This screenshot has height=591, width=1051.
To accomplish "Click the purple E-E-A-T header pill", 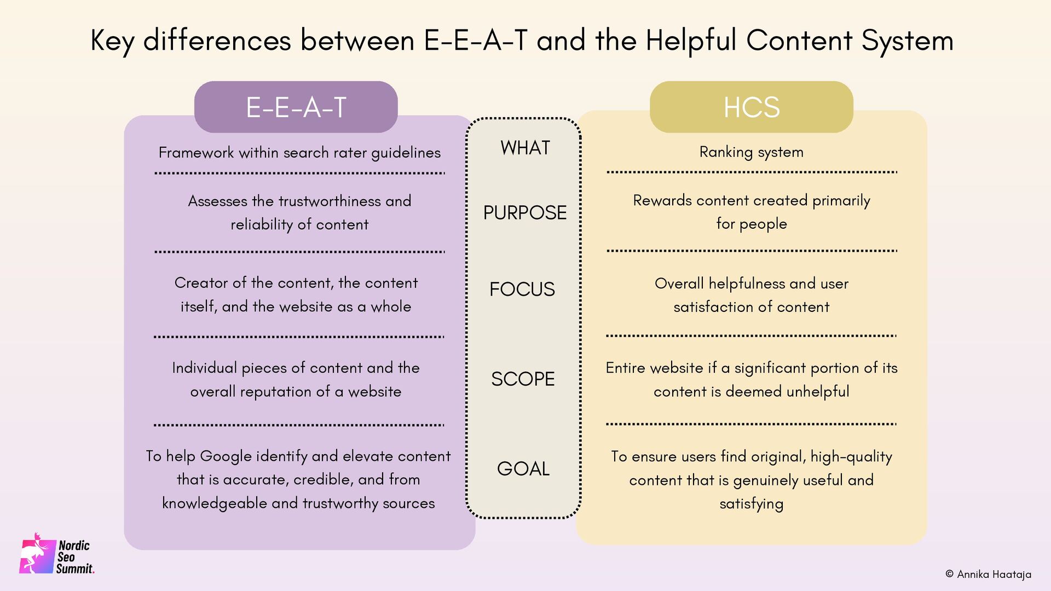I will (296, 107).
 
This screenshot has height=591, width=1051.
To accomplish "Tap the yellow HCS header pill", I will (751, 107).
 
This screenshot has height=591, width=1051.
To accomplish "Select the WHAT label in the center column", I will (525, 148).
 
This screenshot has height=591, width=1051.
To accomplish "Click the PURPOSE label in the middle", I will (524, 212).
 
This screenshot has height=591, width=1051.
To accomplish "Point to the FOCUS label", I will (522, 289).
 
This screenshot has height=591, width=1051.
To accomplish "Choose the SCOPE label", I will (523, 379).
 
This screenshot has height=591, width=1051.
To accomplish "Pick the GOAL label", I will (523, 468).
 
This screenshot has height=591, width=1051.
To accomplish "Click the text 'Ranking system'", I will (751, 152).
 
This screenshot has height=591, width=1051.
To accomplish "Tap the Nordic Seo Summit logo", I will (57, 555).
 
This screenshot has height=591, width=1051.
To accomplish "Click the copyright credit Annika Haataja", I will (988, 574).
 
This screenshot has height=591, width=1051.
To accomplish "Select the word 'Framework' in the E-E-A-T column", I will (196, 152).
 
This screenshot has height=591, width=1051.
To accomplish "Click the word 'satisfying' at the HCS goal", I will (751, 503).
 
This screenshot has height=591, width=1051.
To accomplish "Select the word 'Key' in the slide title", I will (112, 40).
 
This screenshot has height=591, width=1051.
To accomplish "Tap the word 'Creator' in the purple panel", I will (201, 282).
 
